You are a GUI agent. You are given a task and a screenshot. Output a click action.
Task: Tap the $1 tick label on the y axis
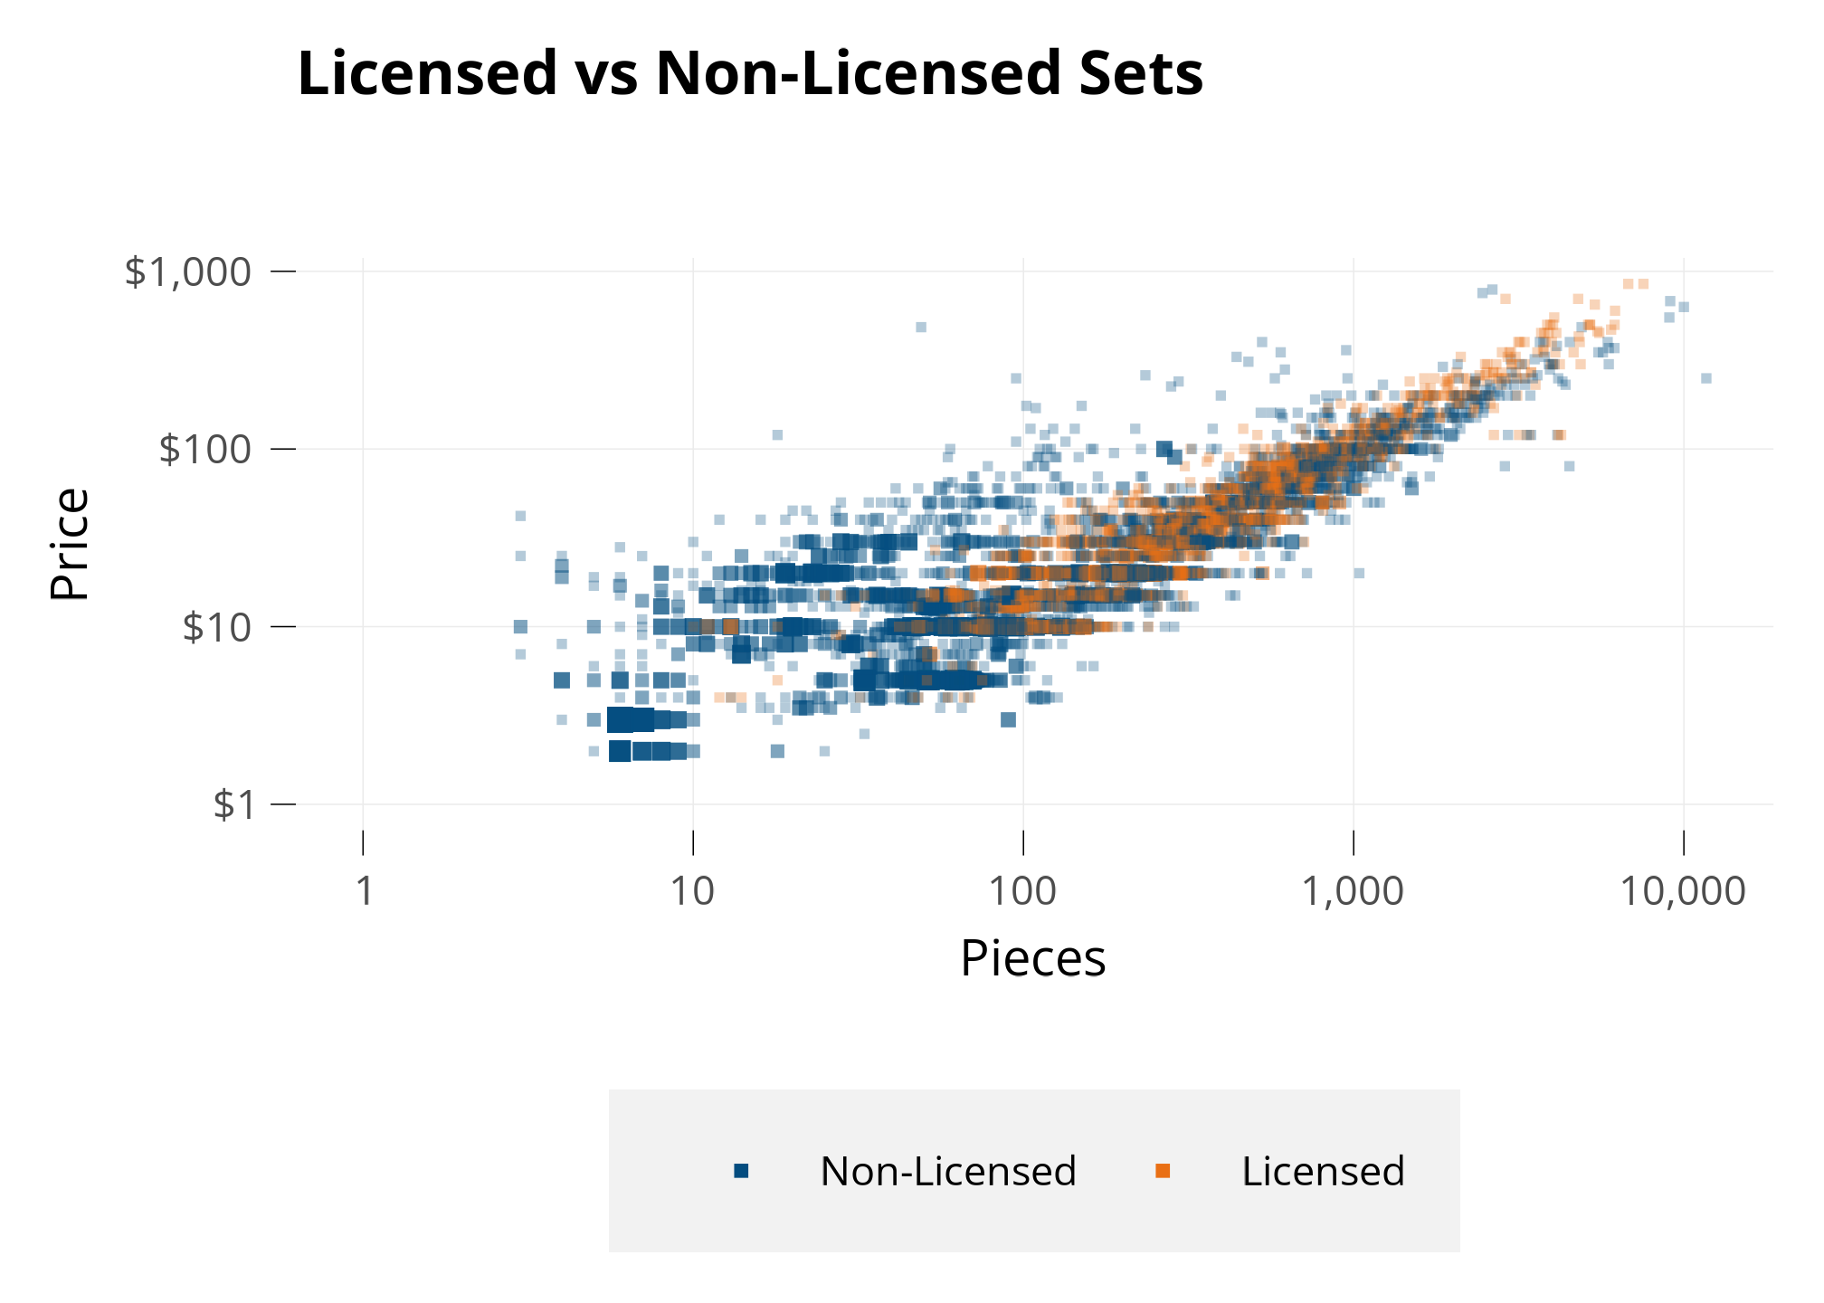point(234,804)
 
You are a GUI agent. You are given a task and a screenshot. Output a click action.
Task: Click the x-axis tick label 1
point(364,891)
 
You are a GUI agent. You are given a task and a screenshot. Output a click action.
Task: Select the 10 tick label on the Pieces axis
point(693,891)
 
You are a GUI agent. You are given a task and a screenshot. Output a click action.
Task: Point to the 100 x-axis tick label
point(1022,891)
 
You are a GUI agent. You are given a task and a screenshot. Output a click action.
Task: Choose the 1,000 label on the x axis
point(1353,891)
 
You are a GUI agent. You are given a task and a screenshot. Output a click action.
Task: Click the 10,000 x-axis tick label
point(1683,891)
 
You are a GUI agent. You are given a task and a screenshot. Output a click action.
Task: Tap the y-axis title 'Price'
point(70,543)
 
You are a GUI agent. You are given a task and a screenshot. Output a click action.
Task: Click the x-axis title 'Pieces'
point(1032,958)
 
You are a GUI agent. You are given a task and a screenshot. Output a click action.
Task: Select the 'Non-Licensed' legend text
point(948,1172)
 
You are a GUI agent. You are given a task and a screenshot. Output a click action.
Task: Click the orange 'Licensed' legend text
point(1323,1172)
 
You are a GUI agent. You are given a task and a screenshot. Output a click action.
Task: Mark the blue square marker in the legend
point(742,1172)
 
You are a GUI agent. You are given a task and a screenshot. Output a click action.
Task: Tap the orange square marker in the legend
point(1164,1172)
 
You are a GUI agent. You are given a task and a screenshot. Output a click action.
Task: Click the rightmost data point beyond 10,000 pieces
point(1706,378)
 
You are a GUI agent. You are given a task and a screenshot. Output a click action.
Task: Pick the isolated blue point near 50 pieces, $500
point(921,327)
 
